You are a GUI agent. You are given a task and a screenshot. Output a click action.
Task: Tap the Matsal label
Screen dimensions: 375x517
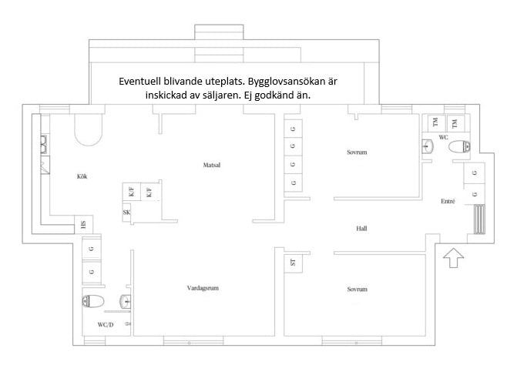[x=212, y=165]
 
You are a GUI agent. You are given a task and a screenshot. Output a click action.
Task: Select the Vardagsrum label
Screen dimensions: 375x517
[x=203, y=288]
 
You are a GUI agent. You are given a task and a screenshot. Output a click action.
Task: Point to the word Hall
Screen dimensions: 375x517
[x=361, y=229]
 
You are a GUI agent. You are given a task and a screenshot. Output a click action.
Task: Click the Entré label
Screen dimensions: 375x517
[x=447, y=201]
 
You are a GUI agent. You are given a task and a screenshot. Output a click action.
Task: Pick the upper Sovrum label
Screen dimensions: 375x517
[x=357, y=152]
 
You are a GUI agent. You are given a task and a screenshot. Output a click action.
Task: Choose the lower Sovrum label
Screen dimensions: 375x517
[x=356, y=289]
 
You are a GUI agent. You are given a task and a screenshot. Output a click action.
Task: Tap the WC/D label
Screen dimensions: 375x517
[x=106, y=324]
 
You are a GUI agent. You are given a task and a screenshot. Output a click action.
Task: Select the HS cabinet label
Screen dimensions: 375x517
[x=84, y=225]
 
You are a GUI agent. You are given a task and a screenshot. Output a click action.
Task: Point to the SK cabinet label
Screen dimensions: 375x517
[x=126, y=213]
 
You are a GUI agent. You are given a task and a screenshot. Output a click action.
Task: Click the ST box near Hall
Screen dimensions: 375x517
[x=293, y=263]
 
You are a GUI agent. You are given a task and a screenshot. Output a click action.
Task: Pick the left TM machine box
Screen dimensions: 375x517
[x=435, y=123]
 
